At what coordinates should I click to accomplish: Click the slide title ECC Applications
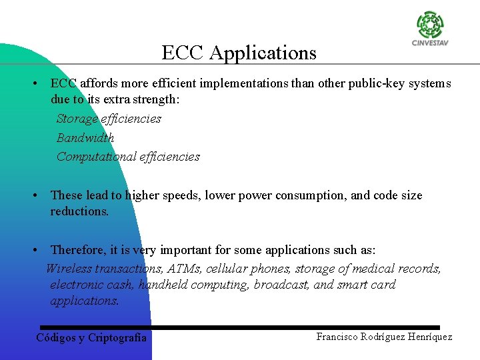[239, 53]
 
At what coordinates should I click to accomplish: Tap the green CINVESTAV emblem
[430, 25]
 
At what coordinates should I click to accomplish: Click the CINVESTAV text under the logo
[431, 44]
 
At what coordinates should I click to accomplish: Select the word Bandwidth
[85, 138]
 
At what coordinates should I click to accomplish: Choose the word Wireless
[69, 269]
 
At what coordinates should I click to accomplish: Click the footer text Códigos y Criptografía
[91, 338]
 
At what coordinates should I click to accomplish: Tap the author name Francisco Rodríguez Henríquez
[384, 337]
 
